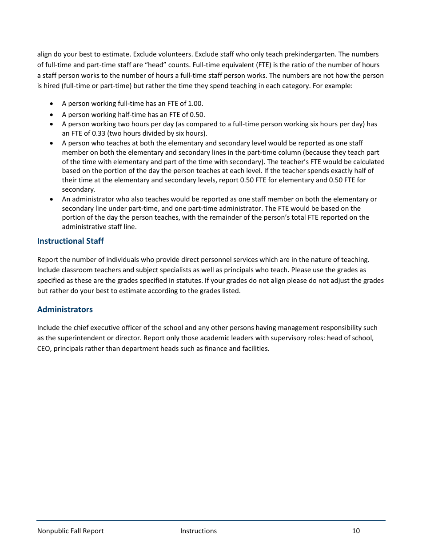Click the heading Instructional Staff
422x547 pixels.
(70, 241)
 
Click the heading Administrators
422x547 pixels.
(65, 310)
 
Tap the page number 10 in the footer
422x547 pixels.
(356, 531)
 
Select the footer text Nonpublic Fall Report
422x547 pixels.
(70, 531)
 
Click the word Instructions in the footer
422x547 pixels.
(199, 531)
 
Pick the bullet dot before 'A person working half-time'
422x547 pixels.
(52, 114)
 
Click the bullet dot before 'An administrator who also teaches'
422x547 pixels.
(52, 199)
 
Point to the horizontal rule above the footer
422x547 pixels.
(211, 521)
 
